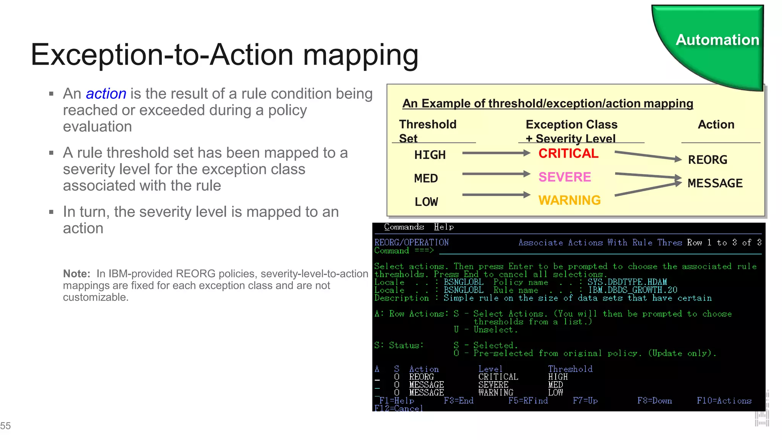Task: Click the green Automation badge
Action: point(717,40)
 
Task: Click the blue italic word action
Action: point(106,94)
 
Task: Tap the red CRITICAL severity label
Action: point(568,154)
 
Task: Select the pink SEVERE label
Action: point(564,177)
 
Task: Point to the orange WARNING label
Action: point(569,200)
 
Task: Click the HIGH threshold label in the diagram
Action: point(430,155)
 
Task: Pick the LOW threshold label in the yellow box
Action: point(426,202)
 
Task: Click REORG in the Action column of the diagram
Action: point(708,160)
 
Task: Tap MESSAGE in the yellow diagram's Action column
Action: point(715,183)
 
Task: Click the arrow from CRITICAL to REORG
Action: point(648,156)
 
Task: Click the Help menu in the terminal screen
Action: point(444,227)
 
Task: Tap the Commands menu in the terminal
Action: point(404,227)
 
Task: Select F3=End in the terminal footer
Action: point(458,401)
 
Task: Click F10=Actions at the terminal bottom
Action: point(724,401)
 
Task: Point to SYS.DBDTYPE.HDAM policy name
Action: point(627,282)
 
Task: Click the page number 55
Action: point(6,425)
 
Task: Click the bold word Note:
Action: point(76,273)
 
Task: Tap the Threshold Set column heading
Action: point(427,131)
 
